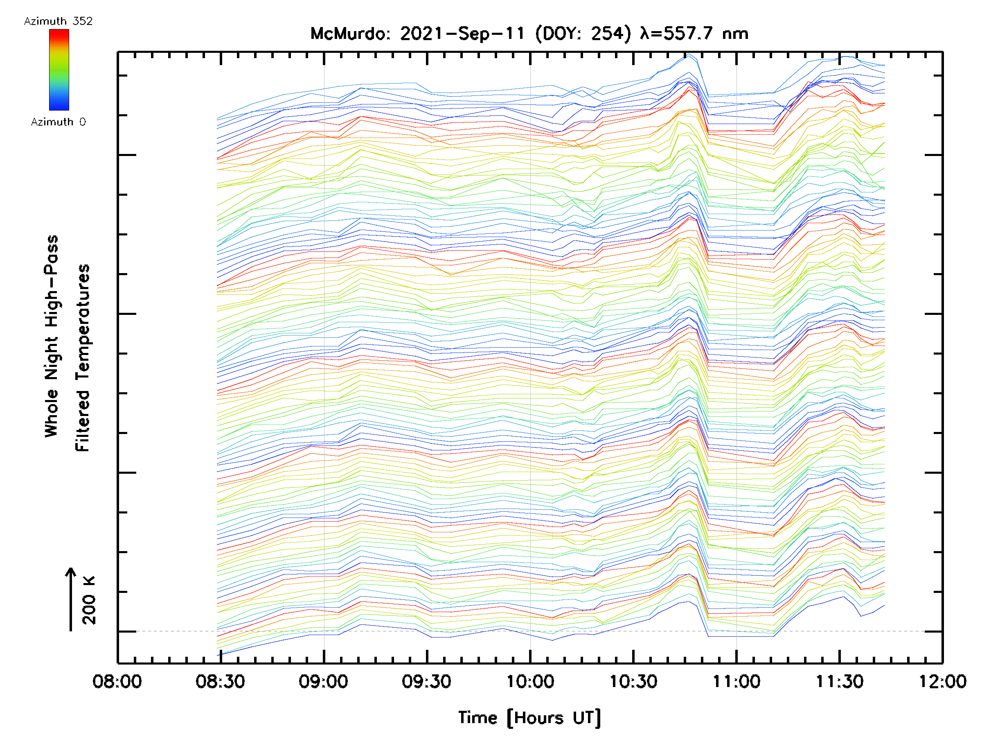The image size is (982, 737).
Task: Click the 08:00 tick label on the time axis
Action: click(x=117, y=681)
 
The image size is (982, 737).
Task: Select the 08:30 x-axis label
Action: click(x=220, y=681)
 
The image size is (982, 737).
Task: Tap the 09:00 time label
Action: click(x=323, y=681)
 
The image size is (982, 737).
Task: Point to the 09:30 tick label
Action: click(x=427, y=681)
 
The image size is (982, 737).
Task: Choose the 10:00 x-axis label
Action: click(x=530, y=681)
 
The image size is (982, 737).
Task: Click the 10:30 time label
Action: click(x=633, y=681)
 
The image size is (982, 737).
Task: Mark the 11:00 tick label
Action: click(x=736, y=681)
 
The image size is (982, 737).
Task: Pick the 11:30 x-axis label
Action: click(x=840, y=681)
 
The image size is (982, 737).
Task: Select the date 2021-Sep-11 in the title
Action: click(x=463, y=34)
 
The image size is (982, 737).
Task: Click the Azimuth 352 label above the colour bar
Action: click(x=58, y=21)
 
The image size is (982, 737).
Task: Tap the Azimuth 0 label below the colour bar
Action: click(x=58, y=122)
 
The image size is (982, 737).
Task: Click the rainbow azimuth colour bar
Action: click(x=59, y=70)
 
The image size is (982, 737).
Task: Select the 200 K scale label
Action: click(x=89, y=600)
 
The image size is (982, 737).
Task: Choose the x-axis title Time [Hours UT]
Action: click(x=529, y=717)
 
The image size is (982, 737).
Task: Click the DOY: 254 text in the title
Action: click(x=583, y=34)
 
